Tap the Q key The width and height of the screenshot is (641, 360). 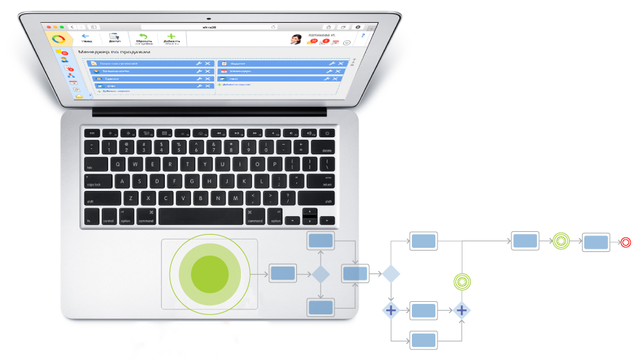click(118, 164)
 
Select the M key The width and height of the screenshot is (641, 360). click(236, 198)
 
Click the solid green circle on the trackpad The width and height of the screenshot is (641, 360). click(210, 273)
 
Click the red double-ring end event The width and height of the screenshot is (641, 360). click(626, 242)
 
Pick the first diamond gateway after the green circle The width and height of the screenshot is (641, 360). click(320, 274)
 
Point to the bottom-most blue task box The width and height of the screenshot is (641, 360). click(423, 340)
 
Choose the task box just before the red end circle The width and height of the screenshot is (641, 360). click(595, 242)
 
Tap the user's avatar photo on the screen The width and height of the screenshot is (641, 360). click(296, 39)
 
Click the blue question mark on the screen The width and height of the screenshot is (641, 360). click(362, 35)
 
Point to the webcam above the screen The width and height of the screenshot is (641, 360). click(207, 17)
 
